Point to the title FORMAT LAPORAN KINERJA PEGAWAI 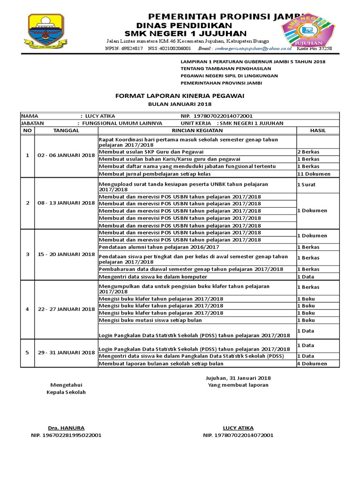[180, 96]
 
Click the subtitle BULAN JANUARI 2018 [180, 104]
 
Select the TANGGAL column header [66, 130]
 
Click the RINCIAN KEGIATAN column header [196, 130]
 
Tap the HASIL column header [317, 130]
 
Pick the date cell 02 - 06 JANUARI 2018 [66, 155]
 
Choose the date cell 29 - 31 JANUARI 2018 [66, 352]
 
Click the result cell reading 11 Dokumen [314, 173]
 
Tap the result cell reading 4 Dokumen [312, 363]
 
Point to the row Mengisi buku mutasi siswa [150, 320]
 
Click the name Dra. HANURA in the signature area [66, 427]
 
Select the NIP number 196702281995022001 [66, 435]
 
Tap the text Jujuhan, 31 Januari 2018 [238, 378]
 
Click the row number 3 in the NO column [27, 254]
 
